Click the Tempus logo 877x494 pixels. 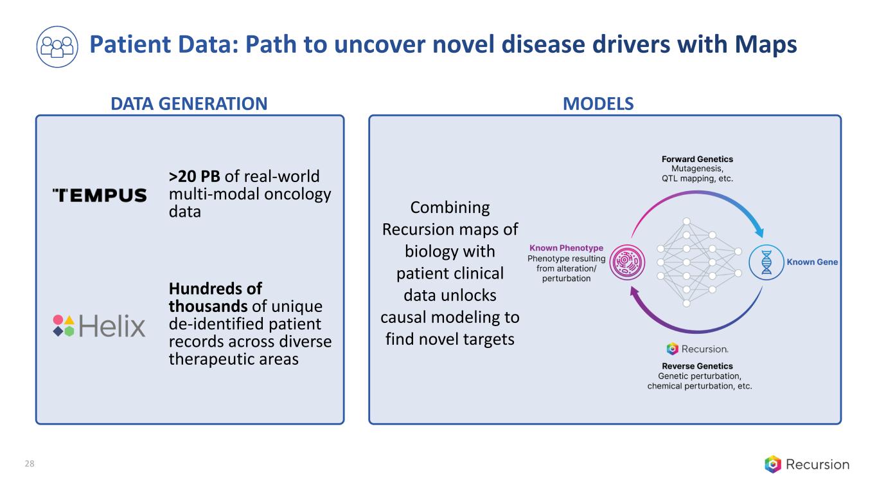click(x=100, y=196)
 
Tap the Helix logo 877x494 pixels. click(x=99, y=326)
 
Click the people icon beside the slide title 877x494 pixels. click(x=57, y=47)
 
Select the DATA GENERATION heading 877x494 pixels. click(x=189, y=104)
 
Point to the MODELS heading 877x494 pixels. click(x=598, y=104)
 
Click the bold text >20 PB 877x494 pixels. click(x=195, y=176)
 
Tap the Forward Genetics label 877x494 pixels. click(x=697, y=159)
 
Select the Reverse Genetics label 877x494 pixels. click(x=697, y=366)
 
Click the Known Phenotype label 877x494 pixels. click(x=566, y=248)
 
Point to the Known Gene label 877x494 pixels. click(x=812, y=262)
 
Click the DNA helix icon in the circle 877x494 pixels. click(x=766, y=262)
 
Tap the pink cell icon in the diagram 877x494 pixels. click(x=627, y=262)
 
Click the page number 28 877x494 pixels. click(x=30, y=464)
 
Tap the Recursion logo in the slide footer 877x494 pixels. click(x=807, y=464)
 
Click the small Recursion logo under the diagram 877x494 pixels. click(x=697, y=349)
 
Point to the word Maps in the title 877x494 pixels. click(x=766, y=44)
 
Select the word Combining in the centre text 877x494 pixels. click(x=450, y=208)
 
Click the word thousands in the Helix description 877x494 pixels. click(x=208, y=306)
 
